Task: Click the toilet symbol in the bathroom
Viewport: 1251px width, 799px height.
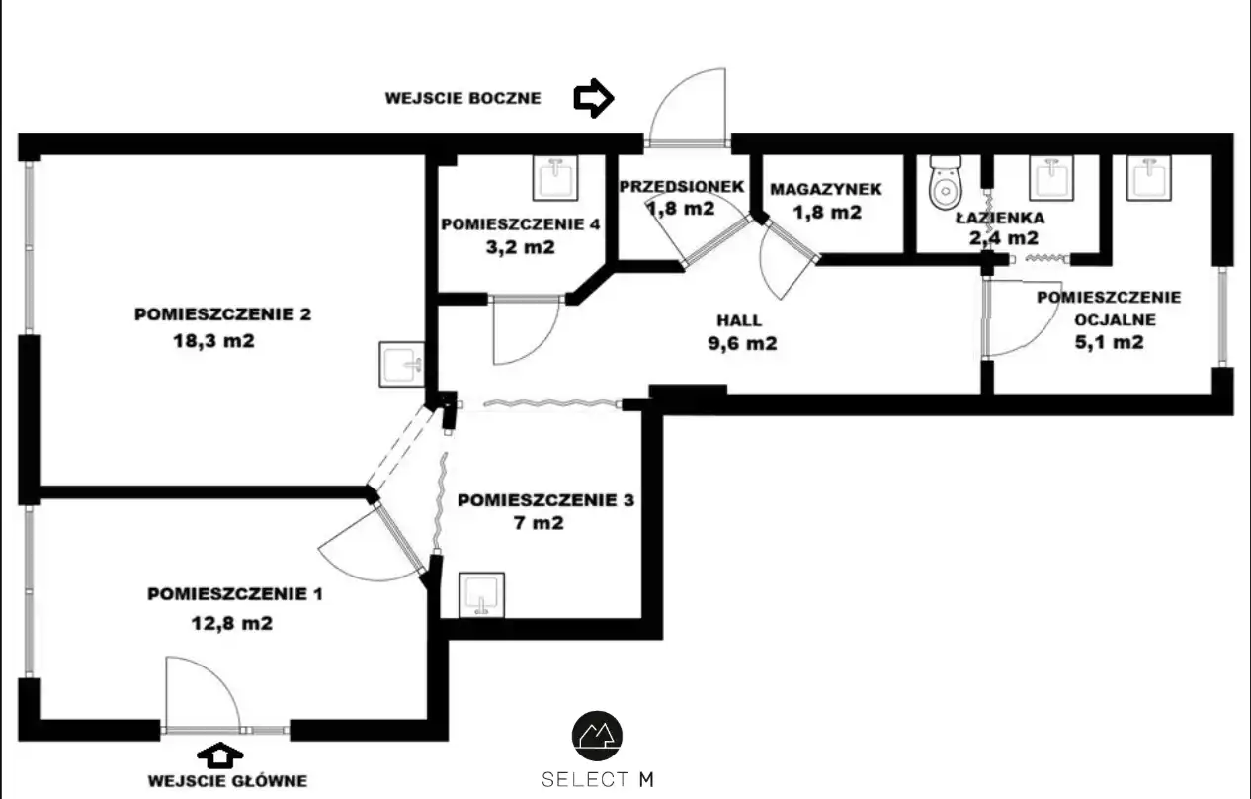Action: point(945,183)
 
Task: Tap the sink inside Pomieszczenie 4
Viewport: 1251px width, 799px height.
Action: point(555,178)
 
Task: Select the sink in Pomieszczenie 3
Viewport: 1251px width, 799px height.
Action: point(482,595)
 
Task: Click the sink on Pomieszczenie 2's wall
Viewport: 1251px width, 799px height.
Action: point(401,364)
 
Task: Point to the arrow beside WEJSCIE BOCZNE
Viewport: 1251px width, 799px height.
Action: point(594,98)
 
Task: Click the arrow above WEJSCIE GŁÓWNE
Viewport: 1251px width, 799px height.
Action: point(220,755)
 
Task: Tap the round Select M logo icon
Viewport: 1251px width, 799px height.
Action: point(597,736)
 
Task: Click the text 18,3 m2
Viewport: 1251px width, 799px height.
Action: point(213,341)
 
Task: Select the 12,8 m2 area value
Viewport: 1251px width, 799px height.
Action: point(232,623)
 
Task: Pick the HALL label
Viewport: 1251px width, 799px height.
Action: point(739,320)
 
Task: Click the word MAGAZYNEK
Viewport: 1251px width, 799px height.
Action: point(826,189)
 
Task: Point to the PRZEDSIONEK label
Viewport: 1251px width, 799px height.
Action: point(682,186)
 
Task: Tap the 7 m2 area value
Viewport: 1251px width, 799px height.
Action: point(539,523)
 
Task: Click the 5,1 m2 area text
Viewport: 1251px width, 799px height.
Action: point(1109,342)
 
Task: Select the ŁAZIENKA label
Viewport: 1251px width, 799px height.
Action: point(1000,217)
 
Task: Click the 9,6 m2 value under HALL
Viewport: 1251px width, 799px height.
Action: point(742,343)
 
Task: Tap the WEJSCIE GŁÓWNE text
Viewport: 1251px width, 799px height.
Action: point(227,780)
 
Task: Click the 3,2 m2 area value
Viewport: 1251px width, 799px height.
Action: point(521,247)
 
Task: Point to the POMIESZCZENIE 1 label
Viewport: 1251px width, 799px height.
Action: point(235,594)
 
